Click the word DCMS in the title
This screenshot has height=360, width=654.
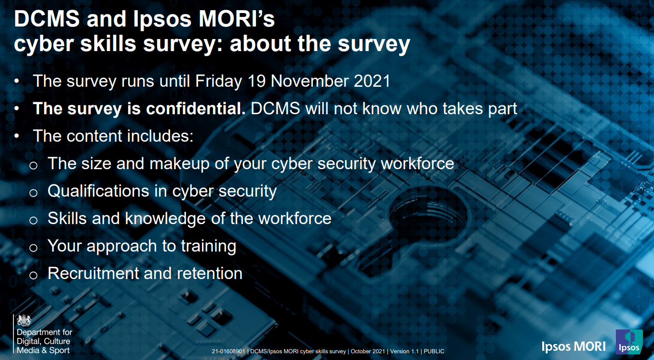[47, 19]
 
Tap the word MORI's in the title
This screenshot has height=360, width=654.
[237, 19]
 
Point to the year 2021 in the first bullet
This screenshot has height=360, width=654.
[372, 81]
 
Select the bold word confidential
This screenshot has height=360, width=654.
[196, 108]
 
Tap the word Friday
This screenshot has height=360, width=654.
[219, 81]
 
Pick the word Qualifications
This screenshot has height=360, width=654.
[98, 191]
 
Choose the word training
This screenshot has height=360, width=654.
[209, 246]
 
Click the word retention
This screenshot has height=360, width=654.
[210, 274]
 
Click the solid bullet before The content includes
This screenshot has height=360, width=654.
[17, 136]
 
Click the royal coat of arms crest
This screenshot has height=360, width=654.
[24, 320]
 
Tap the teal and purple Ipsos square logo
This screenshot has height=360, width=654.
[629, 342]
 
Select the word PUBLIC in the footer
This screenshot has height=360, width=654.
[434, 351]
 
